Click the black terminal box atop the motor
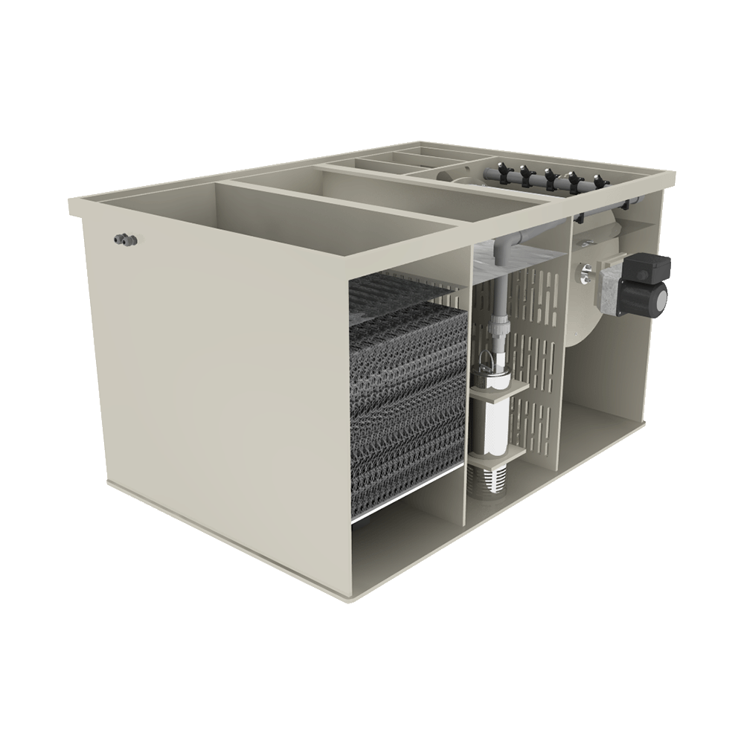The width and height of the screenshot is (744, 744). click(x=650, y=266)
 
